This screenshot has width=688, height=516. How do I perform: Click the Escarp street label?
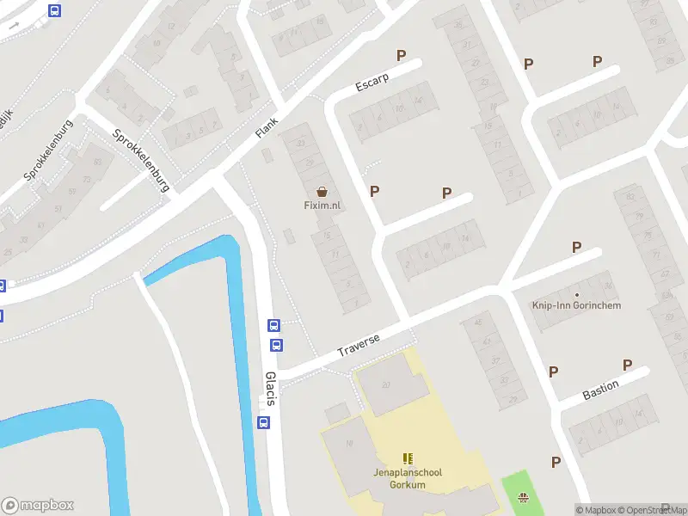tap(372, 82)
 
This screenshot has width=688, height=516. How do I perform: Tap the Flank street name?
tap(268, 126)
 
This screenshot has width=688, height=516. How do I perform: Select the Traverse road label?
tap(359, 345)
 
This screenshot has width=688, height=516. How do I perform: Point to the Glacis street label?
tap(271, 389)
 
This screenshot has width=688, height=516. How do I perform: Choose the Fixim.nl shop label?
tap(322, 206)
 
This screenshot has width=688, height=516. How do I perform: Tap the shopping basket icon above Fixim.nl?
tap(322, 192)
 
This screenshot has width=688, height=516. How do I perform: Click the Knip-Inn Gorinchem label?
tap(577, 306)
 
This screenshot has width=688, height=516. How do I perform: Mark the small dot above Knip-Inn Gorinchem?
tap(577, 295)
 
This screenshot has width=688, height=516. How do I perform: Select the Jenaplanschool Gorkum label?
tap(407, 479)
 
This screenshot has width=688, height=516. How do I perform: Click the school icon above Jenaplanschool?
tap(407, 459)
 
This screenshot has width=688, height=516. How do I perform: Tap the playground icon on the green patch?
tap(523, 497)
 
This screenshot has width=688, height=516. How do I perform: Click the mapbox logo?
tap(38, 506)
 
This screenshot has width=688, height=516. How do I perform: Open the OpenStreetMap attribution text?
tap(653, 510)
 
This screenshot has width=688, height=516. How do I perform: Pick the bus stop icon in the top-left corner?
tap(55, 11)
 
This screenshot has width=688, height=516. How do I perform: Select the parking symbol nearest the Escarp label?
tap(401, 56)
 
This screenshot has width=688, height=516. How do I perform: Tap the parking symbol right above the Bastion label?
tap(628, 365)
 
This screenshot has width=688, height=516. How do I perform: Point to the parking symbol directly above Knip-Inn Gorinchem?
tap(576, 248)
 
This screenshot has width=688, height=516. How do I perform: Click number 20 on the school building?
tap(386, 384)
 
